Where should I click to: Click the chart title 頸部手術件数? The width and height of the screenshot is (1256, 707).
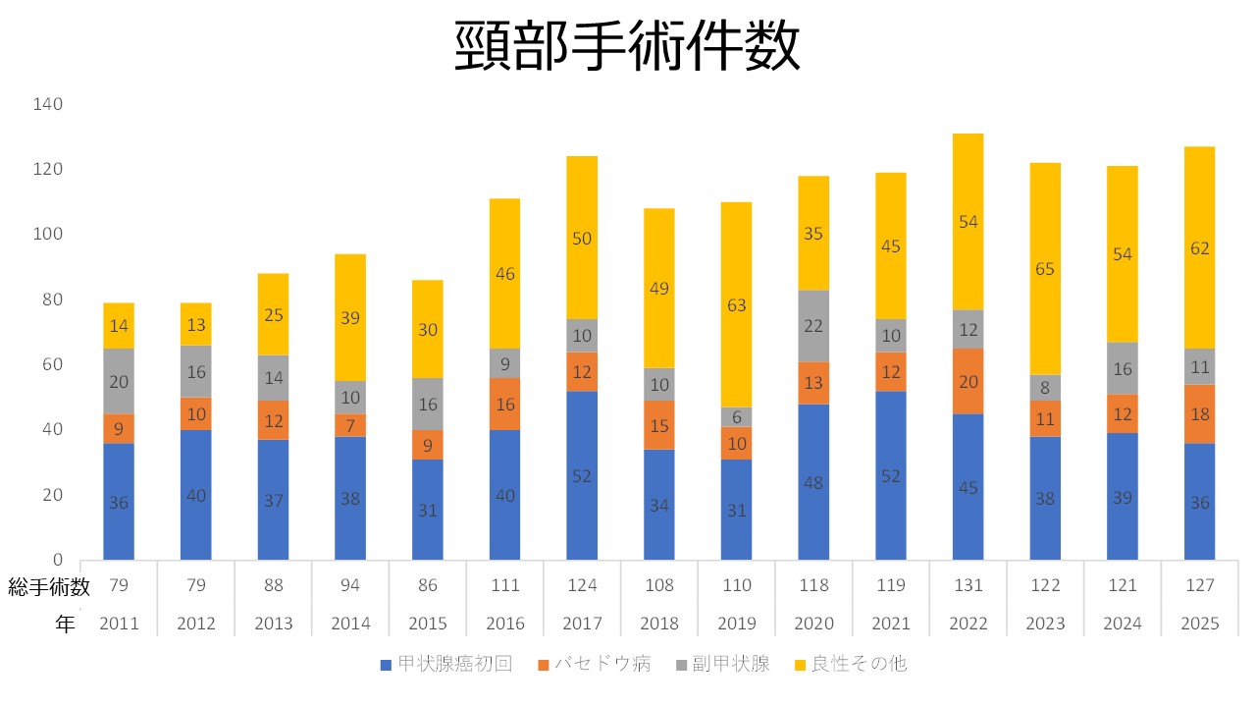[628, 46]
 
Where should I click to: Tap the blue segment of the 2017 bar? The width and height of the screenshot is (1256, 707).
[582, 475]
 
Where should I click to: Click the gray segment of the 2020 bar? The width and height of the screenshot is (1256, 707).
[813, 326]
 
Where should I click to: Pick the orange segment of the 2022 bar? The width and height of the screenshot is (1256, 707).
[968, 382]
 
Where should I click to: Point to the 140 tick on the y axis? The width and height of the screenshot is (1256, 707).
[47, 104]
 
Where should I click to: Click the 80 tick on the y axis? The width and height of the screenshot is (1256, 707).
[51, 299]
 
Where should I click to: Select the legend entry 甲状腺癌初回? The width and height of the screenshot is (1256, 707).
[445, 664]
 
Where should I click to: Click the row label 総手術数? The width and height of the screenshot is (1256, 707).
[49, 586]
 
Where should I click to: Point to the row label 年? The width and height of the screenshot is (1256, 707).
[65, 625]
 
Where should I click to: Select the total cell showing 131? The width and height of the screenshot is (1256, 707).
[968, 586]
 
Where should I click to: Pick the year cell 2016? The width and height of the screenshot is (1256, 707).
[504, 624]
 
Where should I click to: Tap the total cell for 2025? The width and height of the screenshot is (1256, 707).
[1200, 586]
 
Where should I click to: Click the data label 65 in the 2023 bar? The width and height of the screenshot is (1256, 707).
[1045, 268]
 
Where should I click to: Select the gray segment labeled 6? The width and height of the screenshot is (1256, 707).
[737, 416]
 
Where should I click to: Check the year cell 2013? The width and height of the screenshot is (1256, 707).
[273, 624]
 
